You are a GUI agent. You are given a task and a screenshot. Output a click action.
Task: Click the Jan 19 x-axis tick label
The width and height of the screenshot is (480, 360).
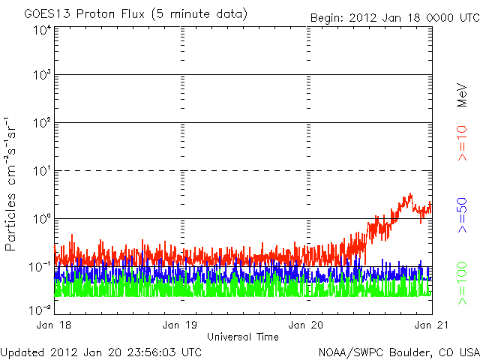[x=181, y=325]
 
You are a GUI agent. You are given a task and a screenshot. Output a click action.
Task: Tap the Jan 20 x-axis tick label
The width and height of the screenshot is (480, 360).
[x=307, y=325]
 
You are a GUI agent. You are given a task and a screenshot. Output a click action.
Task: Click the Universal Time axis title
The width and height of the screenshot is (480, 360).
[x=243, y=337]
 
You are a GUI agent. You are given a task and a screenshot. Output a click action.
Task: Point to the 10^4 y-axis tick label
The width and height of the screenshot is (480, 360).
[x=41, y=31]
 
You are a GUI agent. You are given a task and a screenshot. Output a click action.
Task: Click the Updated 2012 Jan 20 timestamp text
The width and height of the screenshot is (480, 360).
[x=101, y=351]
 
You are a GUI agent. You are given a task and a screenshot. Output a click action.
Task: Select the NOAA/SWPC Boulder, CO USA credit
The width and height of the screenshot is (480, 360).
[x=398, y=351]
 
